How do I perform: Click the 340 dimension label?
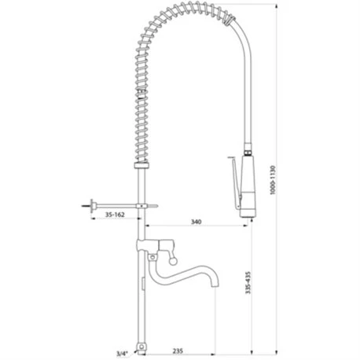tap(196, 222)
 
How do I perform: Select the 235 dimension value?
tap(178, 351)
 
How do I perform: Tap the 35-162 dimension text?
tap(115, 215)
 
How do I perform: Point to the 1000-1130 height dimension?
tap(273, 180)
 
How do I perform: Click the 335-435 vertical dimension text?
tap(248, 282)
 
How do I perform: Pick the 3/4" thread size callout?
tap(122, 354)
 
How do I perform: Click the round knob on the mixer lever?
tap(172, 261)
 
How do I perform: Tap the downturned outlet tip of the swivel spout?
tap(215, 285)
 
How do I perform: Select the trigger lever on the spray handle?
tap(235, 182)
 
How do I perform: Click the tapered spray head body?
tap(248, 186)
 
